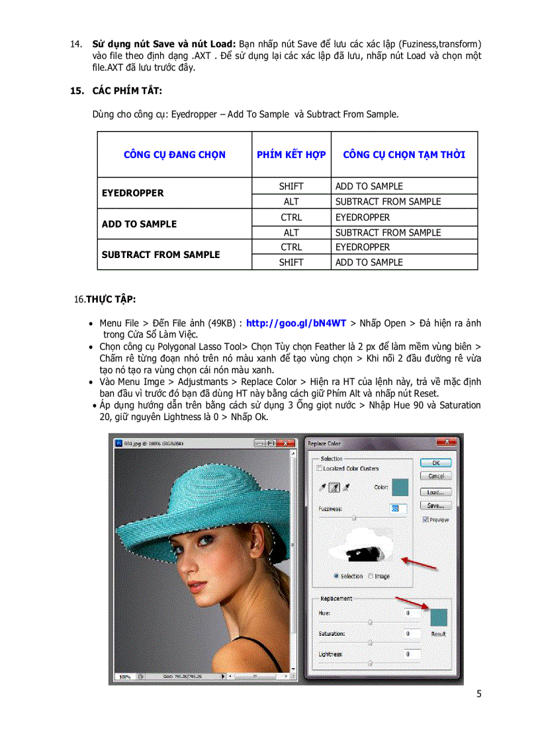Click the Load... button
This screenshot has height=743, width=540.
[x=435, y=492]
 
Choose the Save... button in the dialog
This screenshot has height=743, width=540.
[x=435, y=505]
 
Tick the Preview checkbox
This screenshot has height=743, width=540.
[x=425, y=520]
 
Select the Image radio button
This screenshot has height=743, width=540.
[x=371, y=576]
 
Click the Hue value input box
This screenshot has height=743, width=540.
[x=412, y=613]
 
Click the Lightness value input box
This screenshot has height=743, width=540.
[x=412, y=654]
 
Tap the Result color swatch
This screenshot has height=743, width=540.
[x=438, y=617]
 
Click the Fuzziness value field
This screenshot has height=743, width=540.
[x=398, y=508]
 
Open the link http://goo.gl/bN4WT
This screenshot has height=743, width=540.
[x=296, y=324]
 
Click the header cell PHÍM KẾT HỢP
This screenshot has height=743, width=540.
[x=291, y=155]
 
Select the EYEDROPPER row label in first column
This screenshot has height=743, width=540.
[x=133, y=193]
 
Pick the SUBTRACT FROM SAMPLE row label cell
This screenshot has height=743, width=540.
[x=161, y=255]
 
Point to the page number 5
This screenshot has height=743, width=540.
[x=478, y=693]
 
